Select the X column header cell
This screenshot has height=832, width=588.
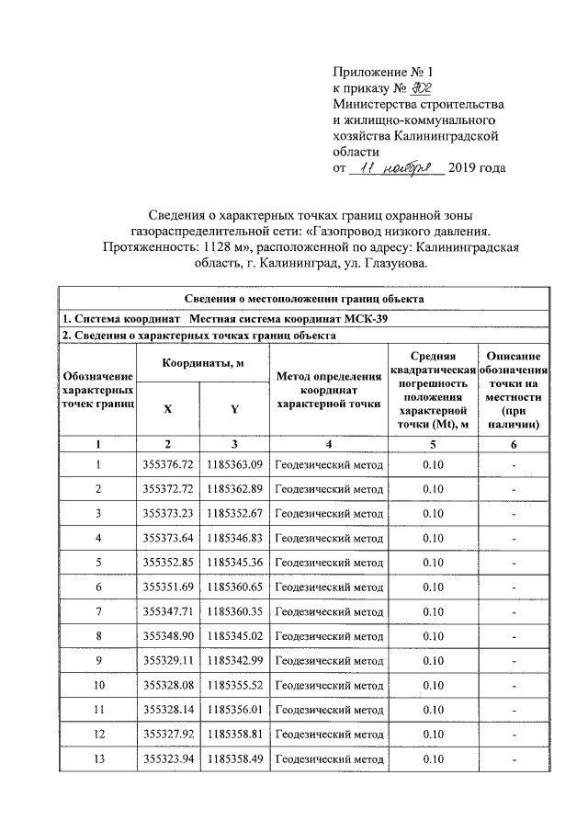(x=166, y=410)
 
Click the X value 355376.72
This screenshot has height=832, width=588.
(x=166, y=464)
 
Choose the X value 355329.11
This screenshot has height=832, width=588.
(x=166, y=660)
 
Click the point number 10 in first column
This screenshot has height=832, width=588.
(x=98, y=685)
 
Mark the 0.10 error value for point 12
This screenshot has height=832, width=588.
(x=433, y=734)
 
